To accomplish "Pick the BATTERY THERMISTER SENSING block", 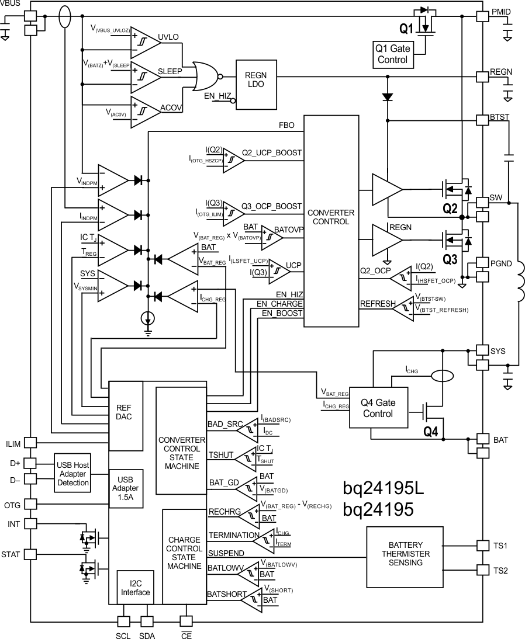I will pos(406,557).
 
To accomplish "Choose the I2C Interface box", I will pos(135,587).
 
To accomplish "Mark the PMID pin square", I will pos(482,16).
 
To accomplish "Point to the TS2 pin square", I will pos(482,569).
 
